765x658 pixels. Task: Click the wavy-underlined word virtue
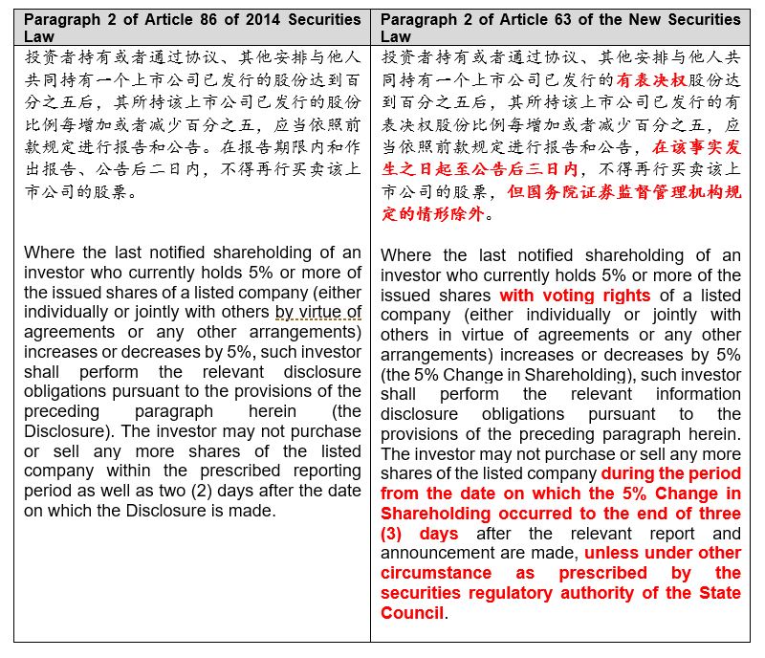(340, 312)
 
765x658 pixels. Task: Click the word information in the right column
(697, 393)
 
